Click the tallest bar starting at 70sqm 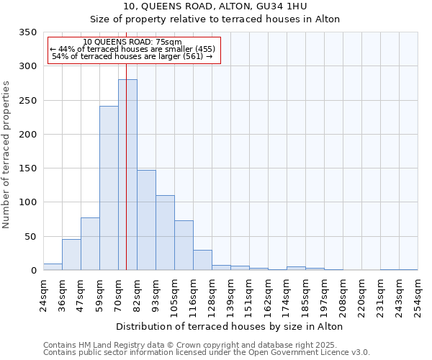pyautogui.click(x=127, y=175)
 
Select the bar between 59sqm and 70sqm pyautogui.click(x=109, y=189)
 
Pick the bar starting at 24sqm pyautogui.click(x=53, y=267)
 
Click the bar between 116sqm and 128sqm pyautogui.click(x=202, y=261)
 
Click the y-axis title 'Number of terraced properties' pyautogui.click(x=7, y=155)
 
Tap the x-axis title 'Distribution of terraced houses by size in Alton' pyautogui.click(x=229, y=326)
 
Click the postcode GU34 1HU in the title pyautogui.click(x=284, y=6)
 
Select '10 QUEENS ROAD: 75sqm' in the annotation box pyautogui.click(x=132, y=42)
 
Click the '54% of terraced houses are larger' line pyautogui.click(x=132, y=56)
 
